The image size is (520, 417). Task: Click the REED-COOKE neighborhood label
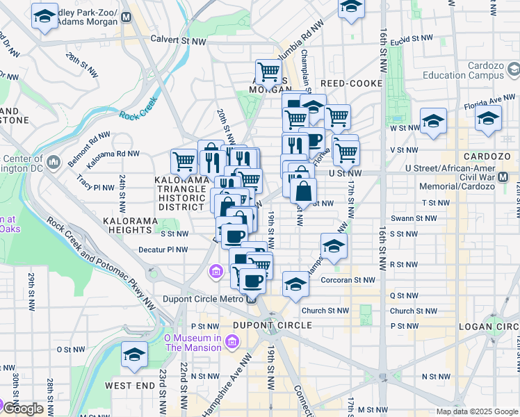352,83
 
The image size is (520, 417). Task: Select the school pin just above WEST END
134,354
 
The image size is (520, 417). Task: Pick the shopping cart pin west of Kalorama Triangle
184,161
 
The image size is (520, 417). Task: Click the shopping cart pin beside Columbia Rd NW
268,71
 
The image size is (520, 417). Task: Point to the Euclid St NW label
412,40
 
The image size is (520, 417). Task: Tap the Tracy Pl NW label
95,188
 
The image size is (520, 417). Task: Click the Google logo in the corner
23,408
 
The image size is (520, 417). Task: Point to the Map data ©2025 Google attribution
476,411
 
